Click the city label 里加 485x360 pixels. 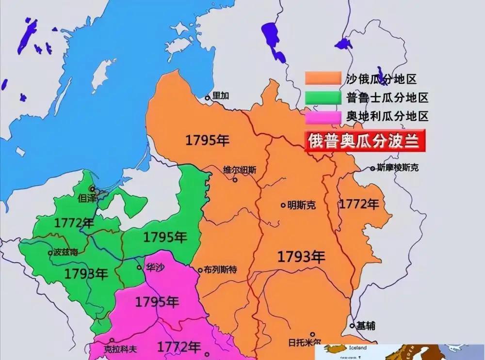(x=221, y=96)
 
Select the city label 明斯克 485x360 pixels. (x=301, y=205)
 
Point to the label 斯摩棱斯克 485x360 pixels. (x=397, y=168)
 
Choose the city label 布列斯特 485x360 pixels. (x=221, y=270)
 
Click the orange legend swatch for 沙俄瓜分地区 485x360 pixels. (x=323, y=78)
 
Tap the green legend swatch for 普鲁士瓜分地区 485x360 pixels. (x=323, y=97)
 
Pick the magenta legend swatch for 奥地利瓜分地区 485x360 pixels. (x=323, y=116)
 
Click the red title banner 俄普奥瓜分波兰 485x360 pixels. (x=365, y=141)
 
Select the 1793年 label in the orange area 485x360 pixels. (x=301, y=257)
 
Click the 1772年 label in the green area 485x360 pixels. (x=74, y=223)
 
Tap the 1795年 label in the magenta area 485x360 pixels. (x=156, y=302)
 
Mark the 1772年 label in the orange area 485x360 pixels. (x=358, y=203)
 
